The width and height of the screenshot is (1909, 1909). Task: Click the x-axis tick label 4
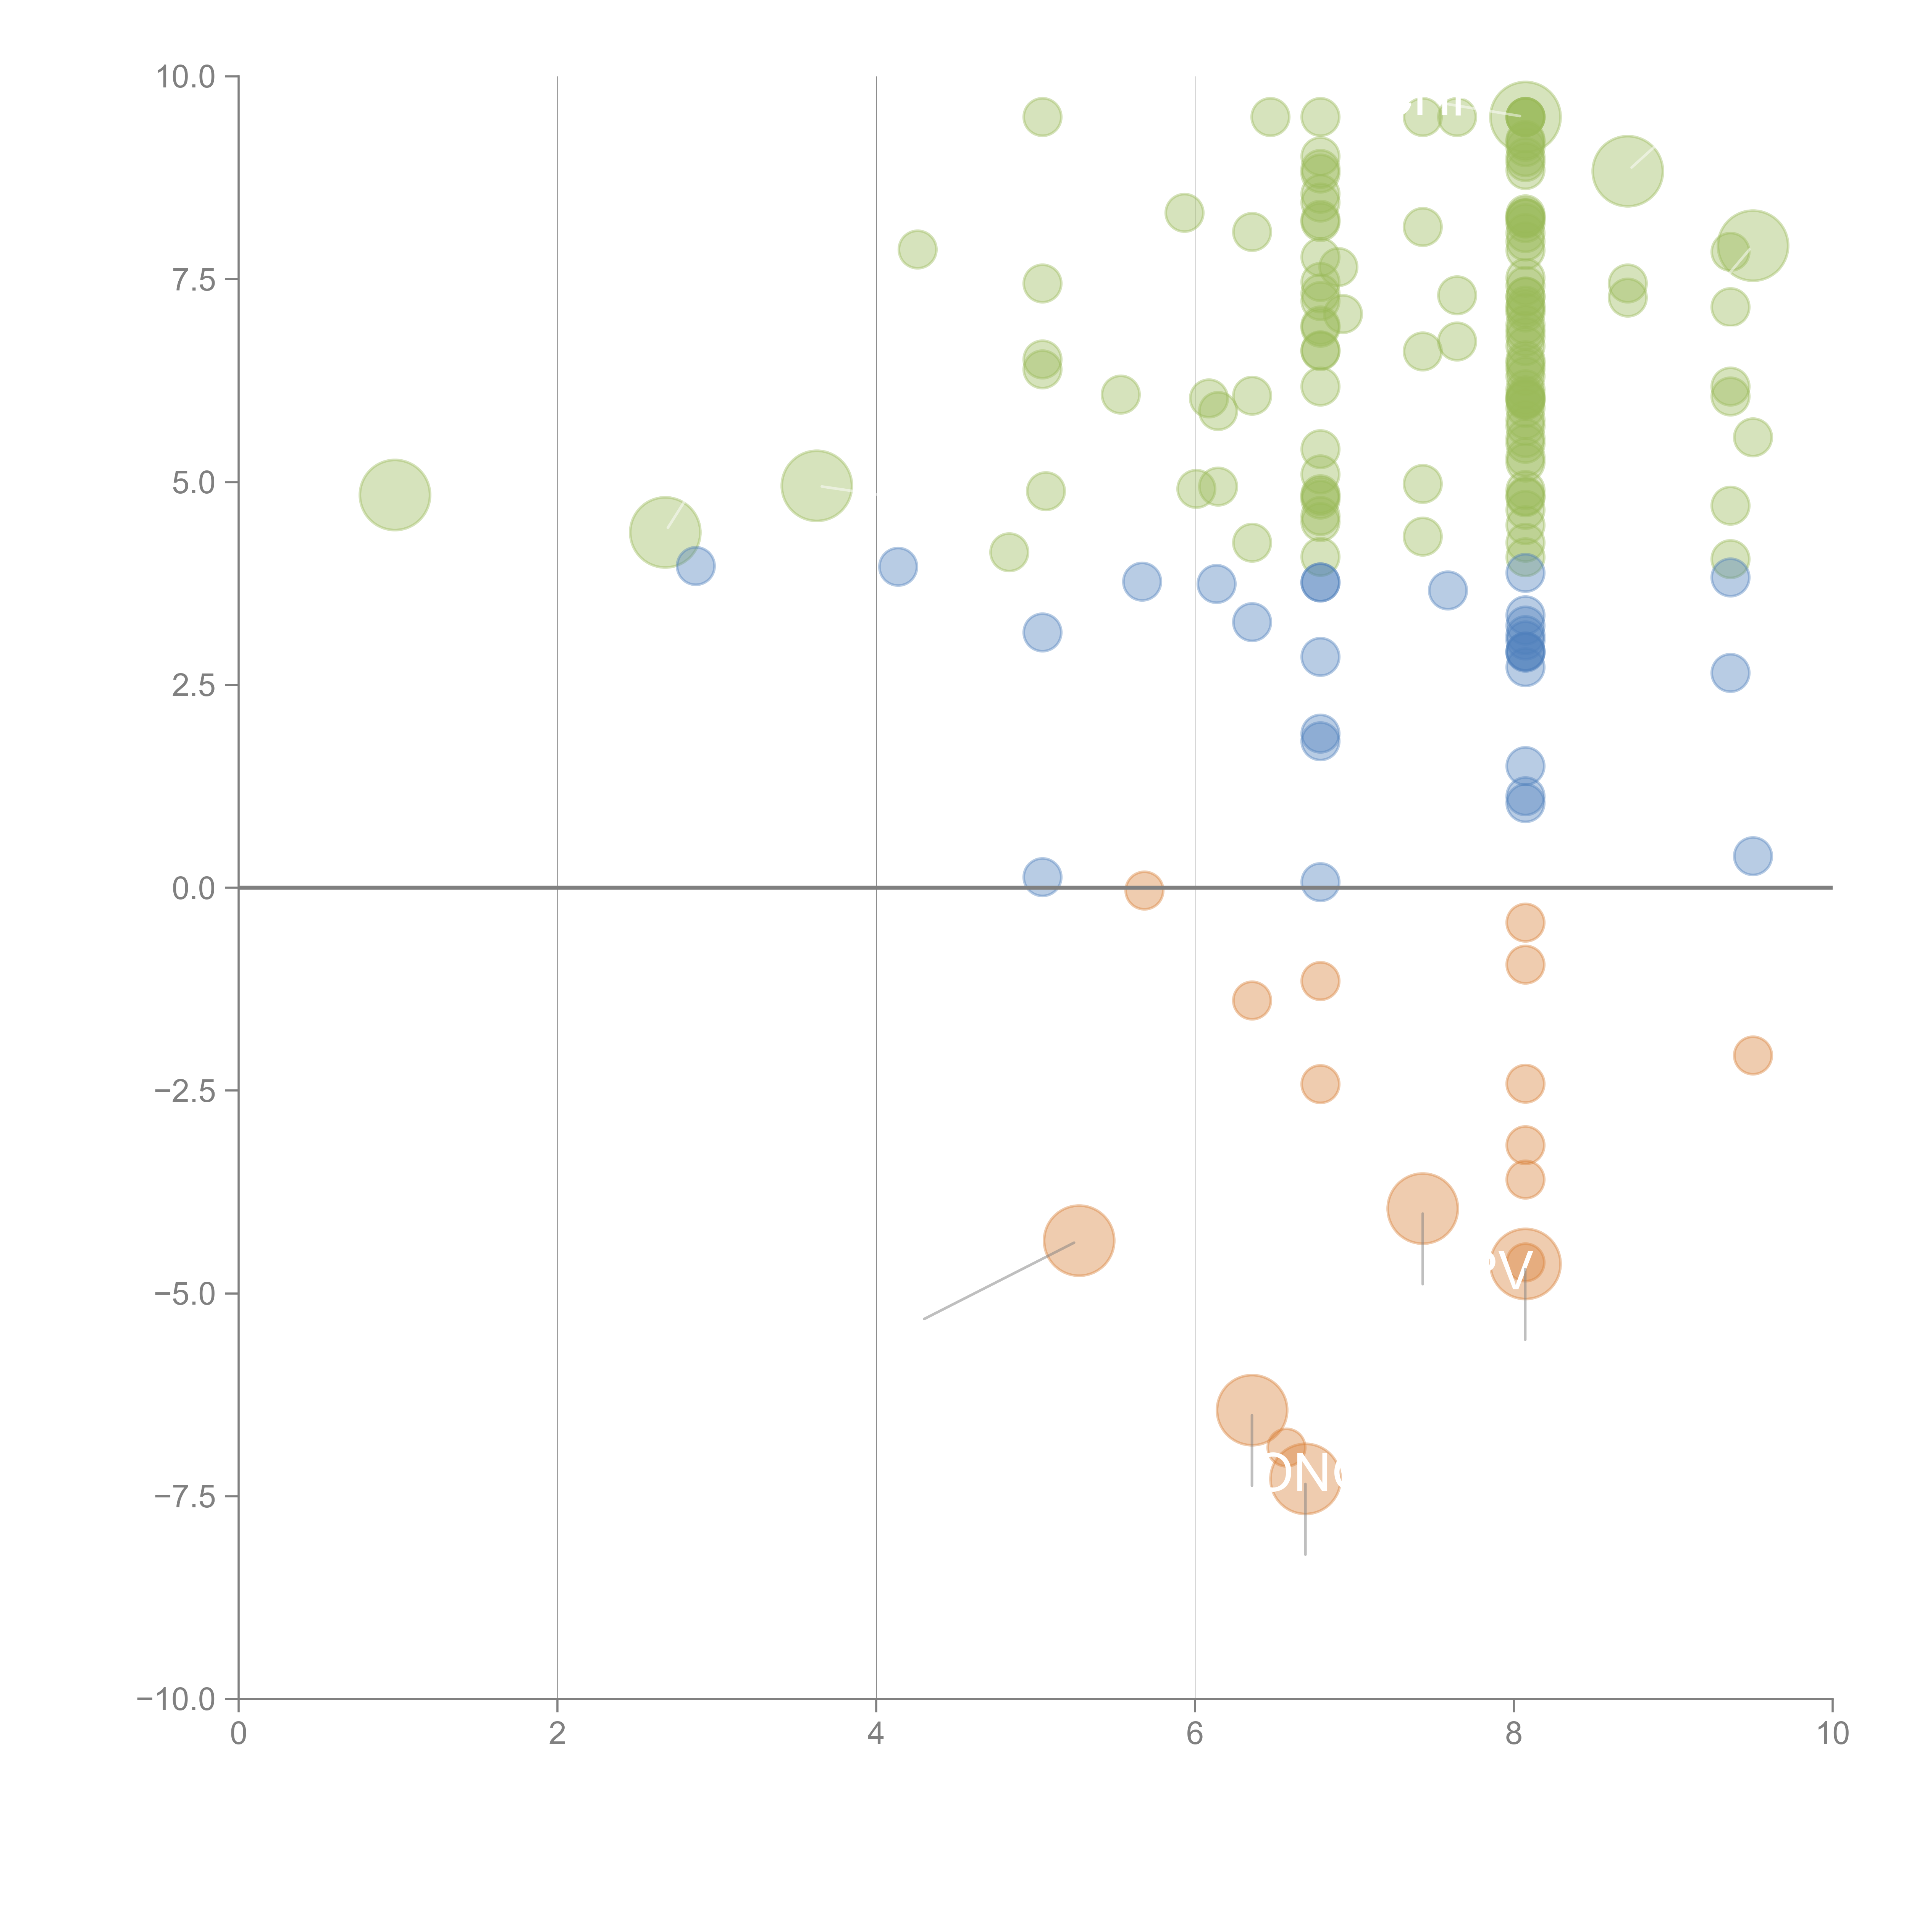point(875,1734)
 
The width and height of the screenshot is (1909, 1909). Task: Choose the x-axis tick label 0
point(238,1734)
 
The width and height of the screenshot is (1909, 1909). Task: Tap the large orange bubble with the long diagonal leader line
point(1079,1241)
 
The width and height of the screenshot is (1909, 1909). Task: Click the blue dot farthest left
point(696,566)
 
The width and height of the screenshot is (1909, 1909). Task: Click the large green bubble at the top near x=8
point(1526,116)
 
